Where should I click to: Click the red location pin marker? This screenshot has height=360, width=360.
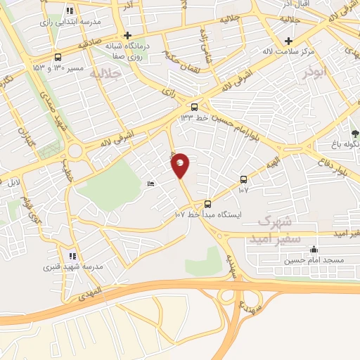point(180,165)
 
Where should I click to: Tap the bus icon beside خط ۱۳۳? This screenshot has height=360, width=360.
point(194,108)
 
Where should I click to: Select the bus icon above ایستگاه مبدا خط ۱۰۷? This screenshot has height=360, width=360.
point(207,205)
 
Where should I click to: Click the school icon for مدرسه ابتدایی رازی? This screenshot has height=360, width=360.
point(70,11)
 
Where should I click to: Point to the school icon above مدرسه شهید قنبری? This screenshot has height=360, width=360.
point(71,257)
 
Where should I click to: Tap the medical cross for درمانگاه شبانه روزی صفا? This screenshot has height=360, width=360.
point(127,35)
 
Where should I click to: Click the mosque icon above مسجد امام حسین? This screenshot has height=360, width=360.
point(314,250)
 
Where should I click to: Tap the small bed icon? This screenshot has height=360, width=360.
point(150,184)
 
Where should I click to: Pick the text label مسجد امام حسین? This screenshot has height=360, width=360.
point(314,260)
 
